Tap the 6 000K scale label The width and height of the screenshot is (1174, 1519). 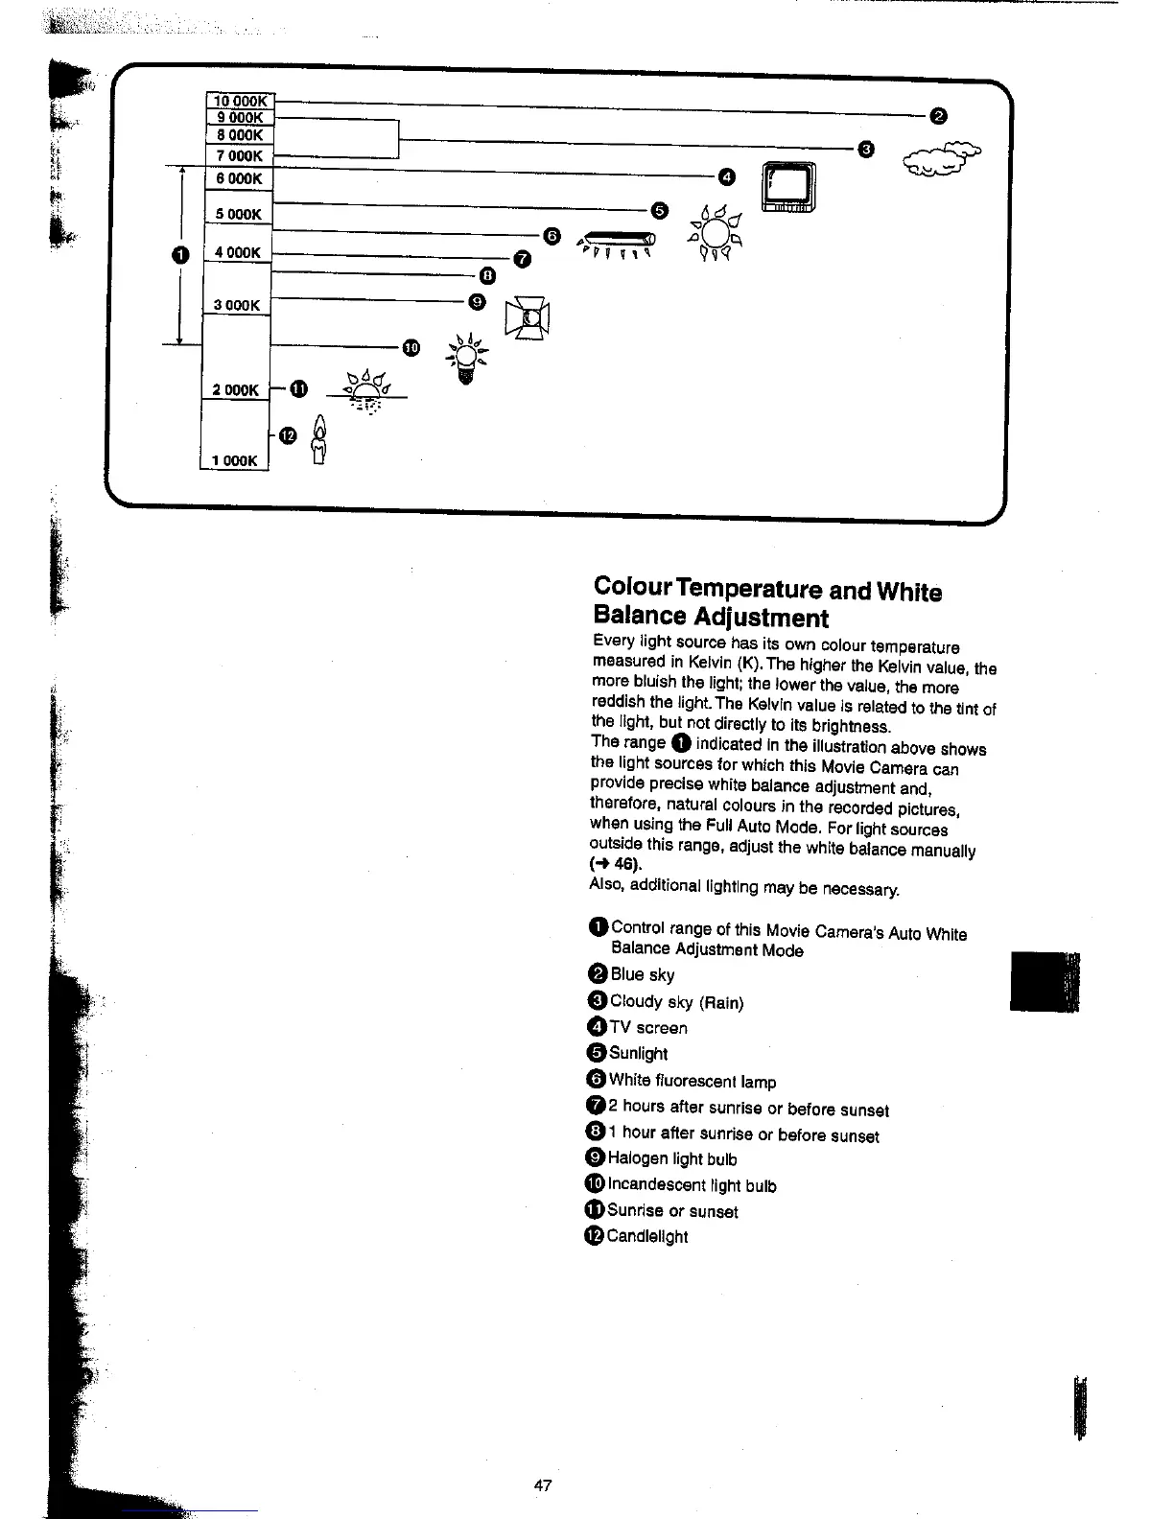pos(239,178)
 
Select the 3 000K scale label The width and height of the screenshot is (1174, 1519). pos(237,305)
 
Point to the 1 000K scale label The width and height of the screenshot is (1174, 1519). pos(235,460)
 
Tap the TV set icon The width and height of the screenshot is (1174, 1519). pos(788,188)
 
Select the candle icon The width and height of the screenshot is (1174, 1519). pos(319,439)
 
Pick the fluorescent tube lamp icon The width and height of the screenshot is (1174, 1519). pos(619,242)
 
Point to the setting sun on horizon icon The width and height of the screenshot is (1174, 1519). pos(366,390)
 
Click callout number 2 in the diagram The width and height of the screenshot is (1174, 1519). pos(939,116)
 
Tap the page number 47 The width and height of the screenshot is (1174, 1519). pos(542,1485)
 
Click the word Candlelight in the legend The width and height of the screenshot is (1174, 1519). pos(647,1236)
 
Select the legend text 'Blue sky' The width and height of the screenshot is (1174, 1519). pos(643,974)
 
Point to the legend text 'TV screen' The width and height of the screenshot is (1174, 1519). pos(648,1027)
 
